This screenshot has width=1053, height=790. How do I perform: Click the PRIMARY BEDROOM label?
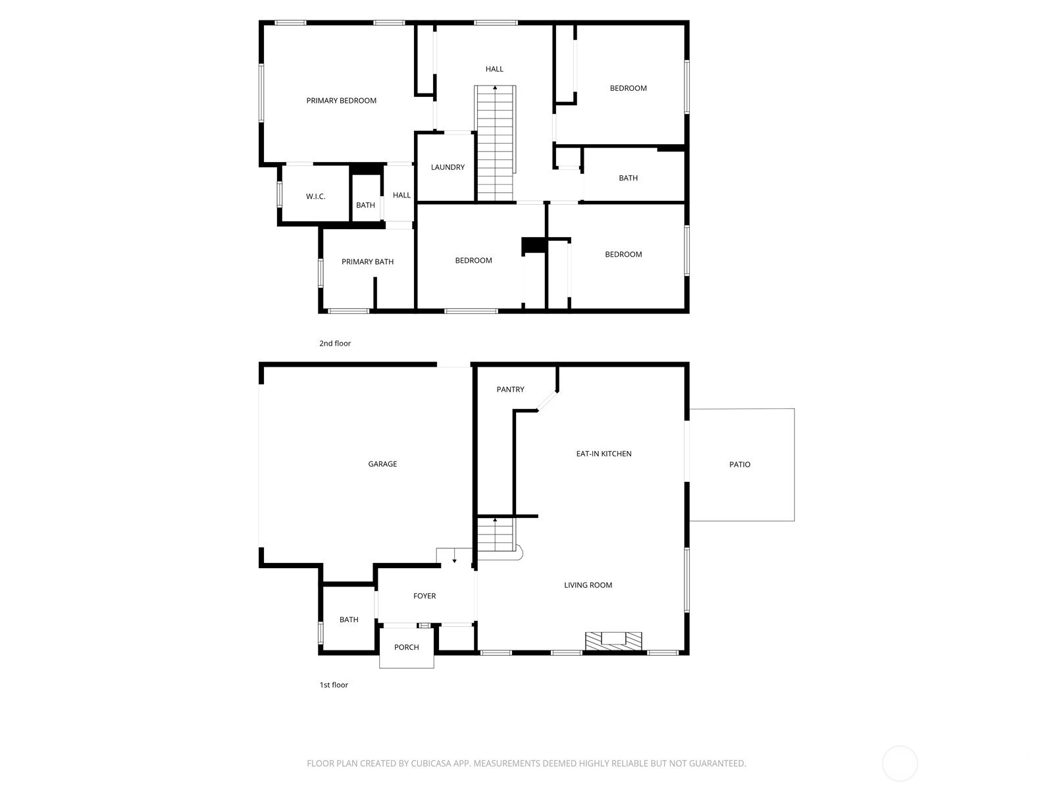tap(341, 101)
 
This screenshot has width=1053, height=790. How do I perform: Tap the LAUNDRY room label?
tap(448, 167)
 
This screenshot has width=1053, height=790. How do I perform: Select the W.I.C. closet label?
tap(316, 197)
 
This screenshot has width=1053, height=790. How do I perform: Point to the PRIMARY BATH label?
tap(367, 262)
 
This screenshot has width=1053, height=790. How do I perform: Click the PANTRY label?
tap(511, 390)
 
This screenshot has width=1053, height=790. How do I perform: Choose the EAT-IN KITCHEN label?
tap(604, 454)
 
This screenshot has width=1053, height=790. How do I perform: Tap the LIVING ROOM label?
tap(588, 585)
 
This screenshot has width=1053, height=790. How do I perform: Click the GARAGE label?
tap(382, 464)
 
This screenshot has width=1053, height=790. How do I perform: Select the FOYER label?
tap(424, 596)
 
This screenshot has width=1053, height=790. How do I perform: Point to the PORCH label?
tap(406, 648)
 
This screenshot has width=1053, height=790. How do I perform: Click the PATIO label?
tap(740, 465)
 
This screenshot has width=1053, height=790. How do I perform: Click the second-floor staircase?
tap(495, 143)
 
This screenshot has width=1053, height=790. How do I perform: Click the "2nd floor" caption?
tap(335, 344)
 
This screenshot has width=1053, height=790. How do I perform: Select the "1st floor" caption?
tap(334, 685)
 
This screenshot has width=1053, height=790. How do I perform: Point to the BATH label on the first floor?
tap(349, 619)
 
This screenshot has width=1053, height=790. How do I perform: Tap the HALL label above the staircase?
tap(494, 69)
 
